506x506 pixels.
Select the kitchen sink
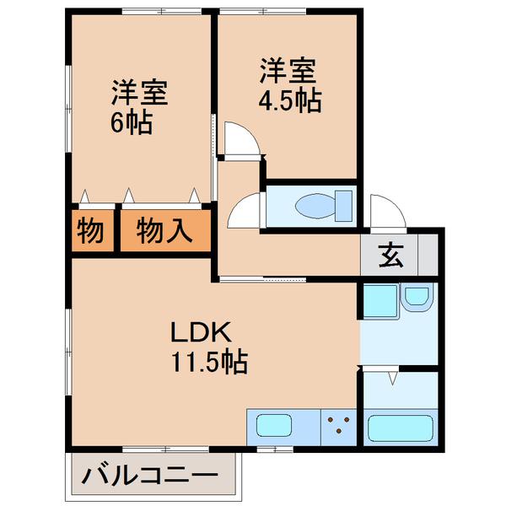(274, 427)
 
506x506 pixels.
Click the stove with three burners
(339, 426)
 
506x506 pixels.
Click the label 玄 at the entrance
(390, 253)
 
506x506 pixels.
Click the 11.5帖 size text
(210, 363)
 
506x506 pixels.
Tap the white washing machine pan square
(379, 301)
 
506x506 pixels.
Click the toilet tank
(344, 205)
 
